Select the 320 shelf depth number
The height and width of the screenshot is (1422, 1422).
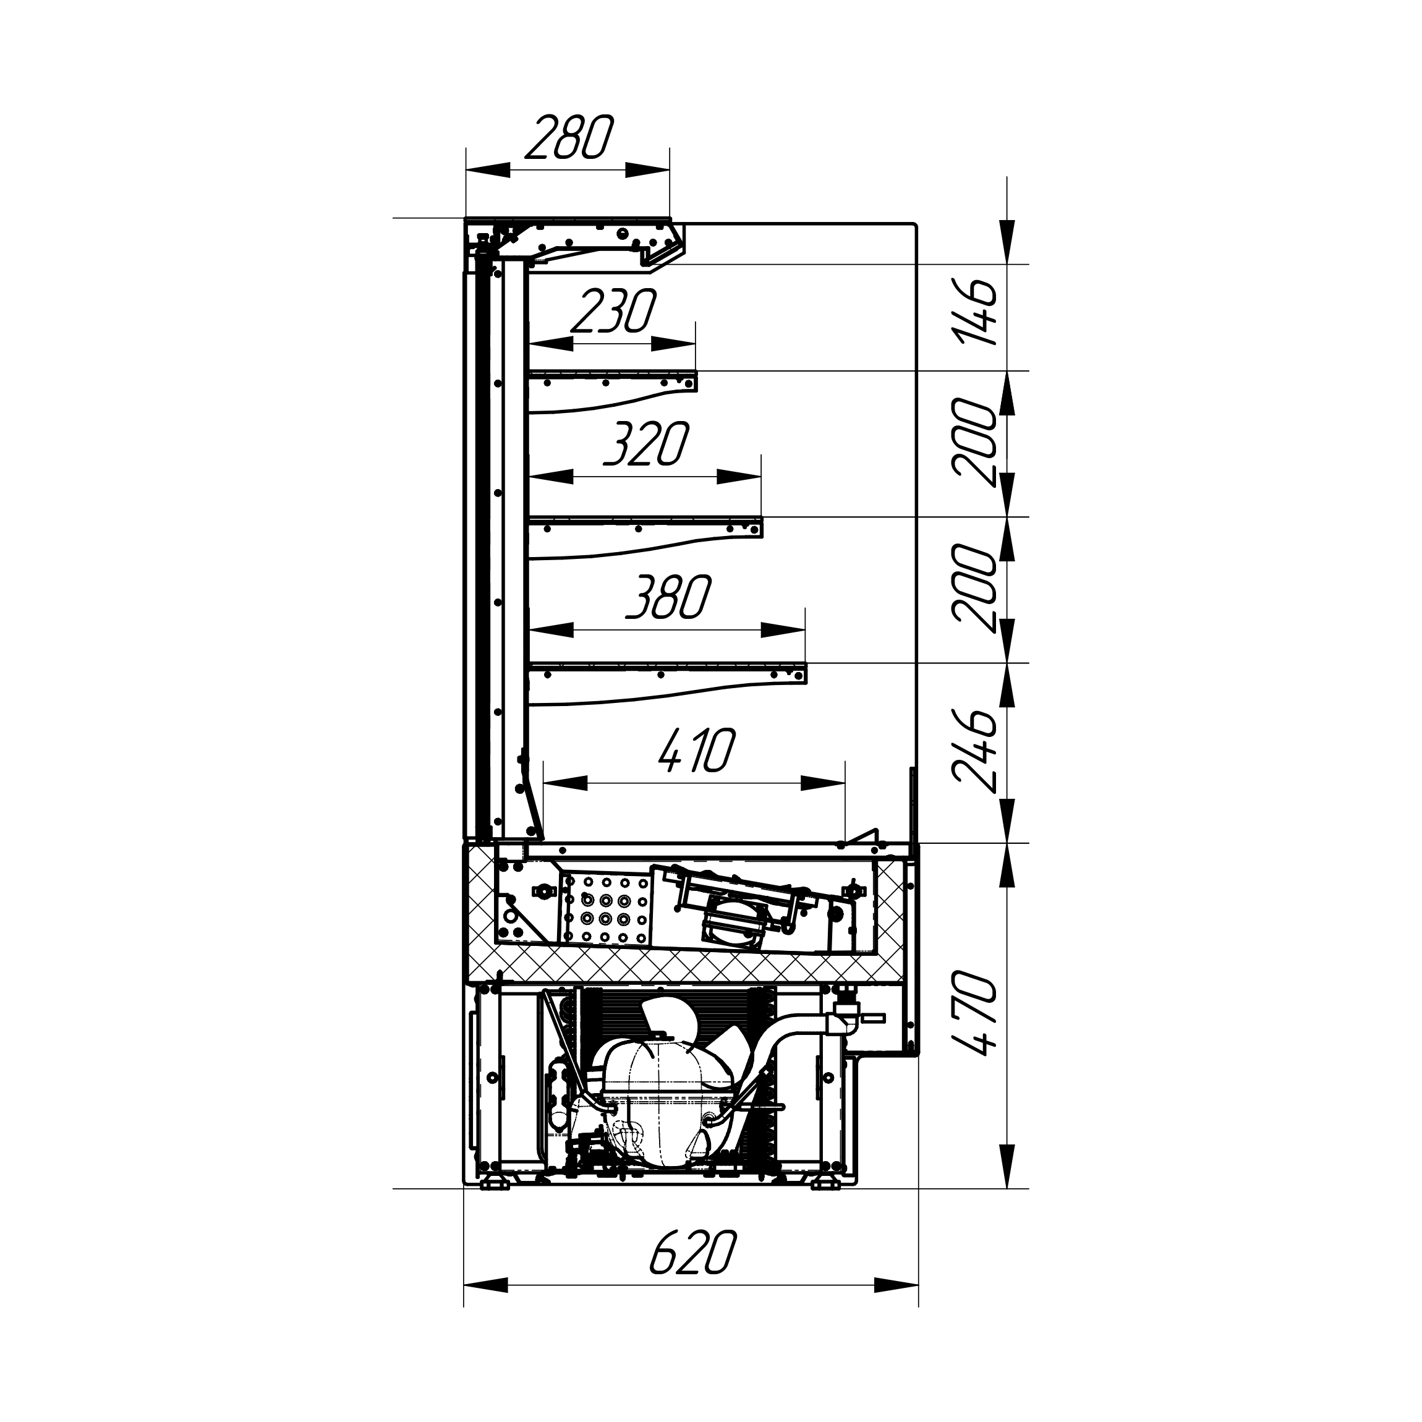click(x=645, y=444)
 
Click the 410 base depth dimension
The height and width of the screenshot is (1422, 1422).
click(x=697, y=751)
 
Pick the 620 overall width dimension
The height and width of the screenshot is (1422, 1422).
click(x=692, y=1251)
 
